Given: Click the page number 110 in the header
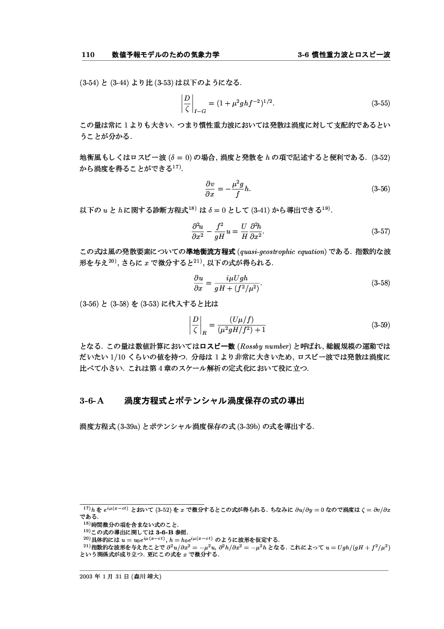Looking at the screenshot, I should pyautogui.click(x=88, y=54).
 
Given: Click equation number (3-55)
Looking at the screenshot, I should pyautogui.click(x=381, y=102).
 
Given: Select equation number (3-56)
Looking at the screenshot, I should pyautogui.click(x=381, y=189).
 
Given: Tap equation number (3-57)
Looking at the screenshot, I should pyautogui.click(x=381, y=231).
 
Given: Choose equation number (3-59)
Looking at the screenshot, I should pyautogui.click(x=381, y=325).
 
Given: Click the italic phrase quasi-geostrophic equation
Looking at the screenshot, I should pyautogui.click(x=284, y=252).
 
